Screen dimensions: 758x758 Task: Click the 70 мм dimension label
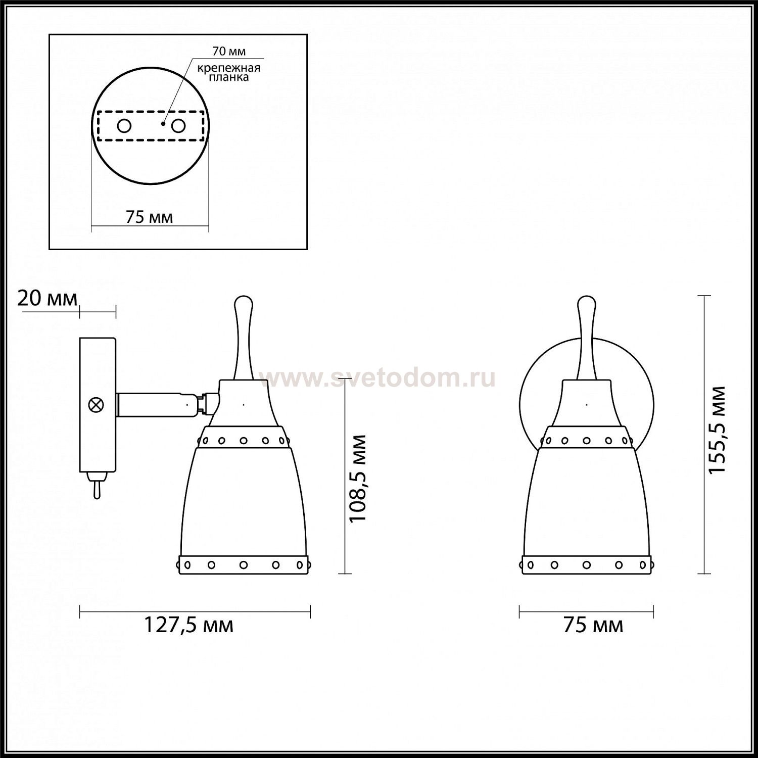pos(228,52)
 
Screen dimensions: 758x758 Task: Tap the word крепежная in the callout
pos(229,68)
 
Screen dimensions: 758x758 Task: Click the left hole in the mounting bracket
pos(124,125)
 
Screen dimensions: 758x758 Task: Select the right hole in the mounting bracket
pos(178,125)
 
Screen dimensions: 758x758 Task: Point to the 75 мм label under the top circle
pos(149,217)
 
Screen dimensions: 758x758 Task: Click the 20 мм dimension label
pos(48,298)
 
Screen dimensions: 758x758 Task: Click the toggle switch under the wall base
pos(96,485)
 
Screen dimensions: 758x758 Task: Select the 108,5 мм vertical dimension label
pos(358,478)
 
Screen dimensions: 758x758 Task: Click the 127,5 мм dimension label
pos(189,625)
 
